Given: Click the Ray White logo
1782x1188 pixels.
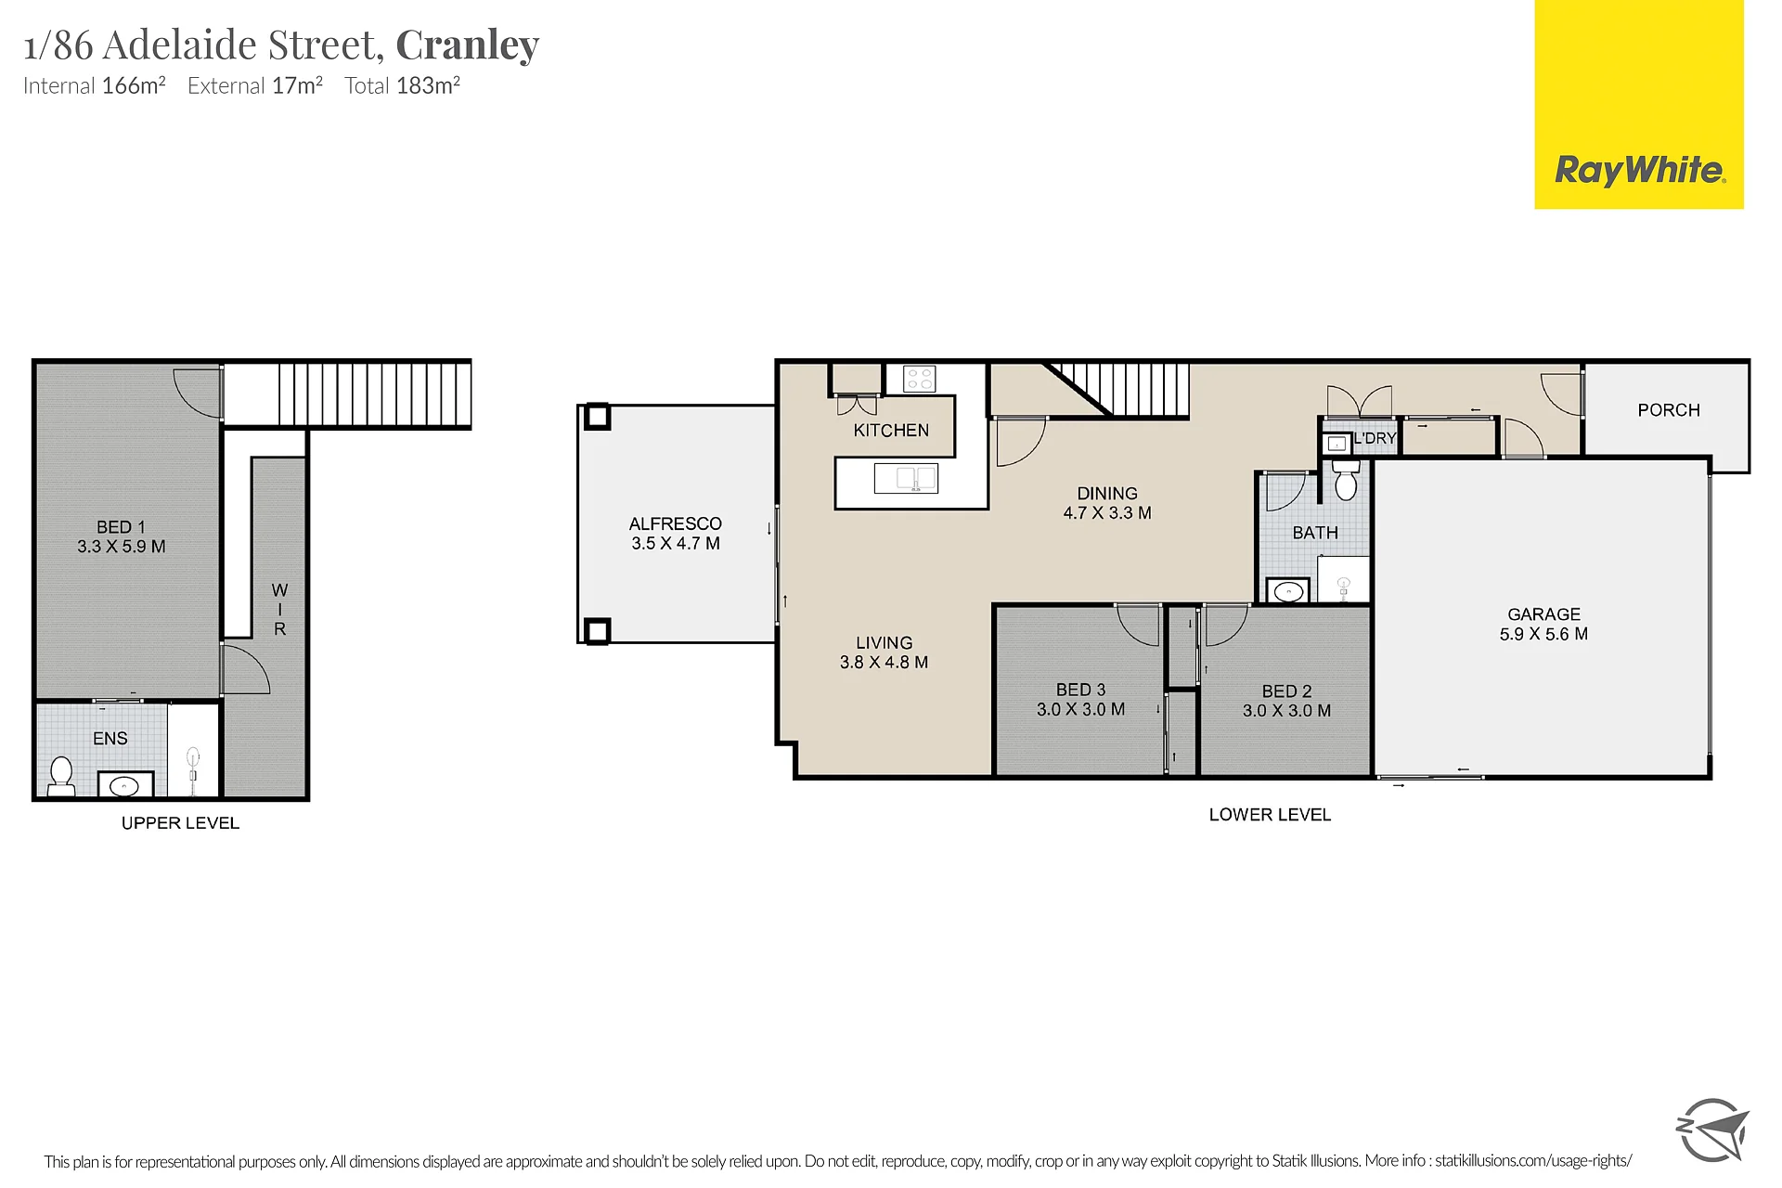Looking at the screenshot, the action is (x=1639, y=104).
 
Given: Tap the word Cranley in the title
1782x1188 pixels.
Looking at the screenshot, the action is (x=468, y=45).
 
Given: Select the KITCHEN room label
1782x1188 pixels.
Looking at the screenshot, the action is (x=891, y=431).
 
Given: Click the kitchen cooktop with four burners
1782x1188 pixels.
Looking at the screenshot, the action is (x=920, y=379).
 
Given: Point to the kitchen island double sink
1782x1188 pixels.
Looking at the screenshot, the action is (x=906, y=479).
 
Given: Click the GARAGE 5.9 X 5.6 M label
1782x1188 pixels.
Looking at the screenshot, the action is (x=1543, y=624).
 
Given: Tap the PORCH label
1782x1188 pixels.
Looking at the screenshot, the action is (x=1669, y=410).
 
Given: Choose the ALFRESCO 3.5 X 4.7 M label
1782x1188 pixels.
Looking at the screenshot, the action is (x=676, y=534).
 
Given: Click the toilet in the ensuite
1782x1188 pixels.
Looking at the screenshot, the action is (x=61, y=777).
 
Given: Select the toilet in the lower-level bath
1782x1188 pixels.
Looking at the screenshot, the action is (x=1346, y=481).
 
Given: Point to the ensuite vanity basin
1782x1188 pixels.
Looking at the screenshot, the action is (x=124, y=786).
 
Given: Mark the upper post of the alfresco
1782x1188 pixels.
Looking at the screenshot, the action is (x=597, y=417).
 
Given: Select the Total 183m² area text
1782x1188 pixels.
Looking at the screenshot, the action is (x=402, y=85).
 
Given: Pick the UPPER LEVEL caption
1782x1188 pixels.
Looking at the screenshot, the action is (x=180, y=823).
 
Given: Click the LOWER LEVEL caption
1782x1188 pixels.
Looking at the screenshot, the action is (x=1270, y=815).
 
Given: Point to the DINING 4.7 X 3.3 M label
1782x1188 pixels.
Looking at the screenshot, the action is (x=1107, y=503).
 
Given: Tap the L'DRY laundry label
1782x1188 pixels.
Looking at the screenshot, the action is (x=1375, y=438).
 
